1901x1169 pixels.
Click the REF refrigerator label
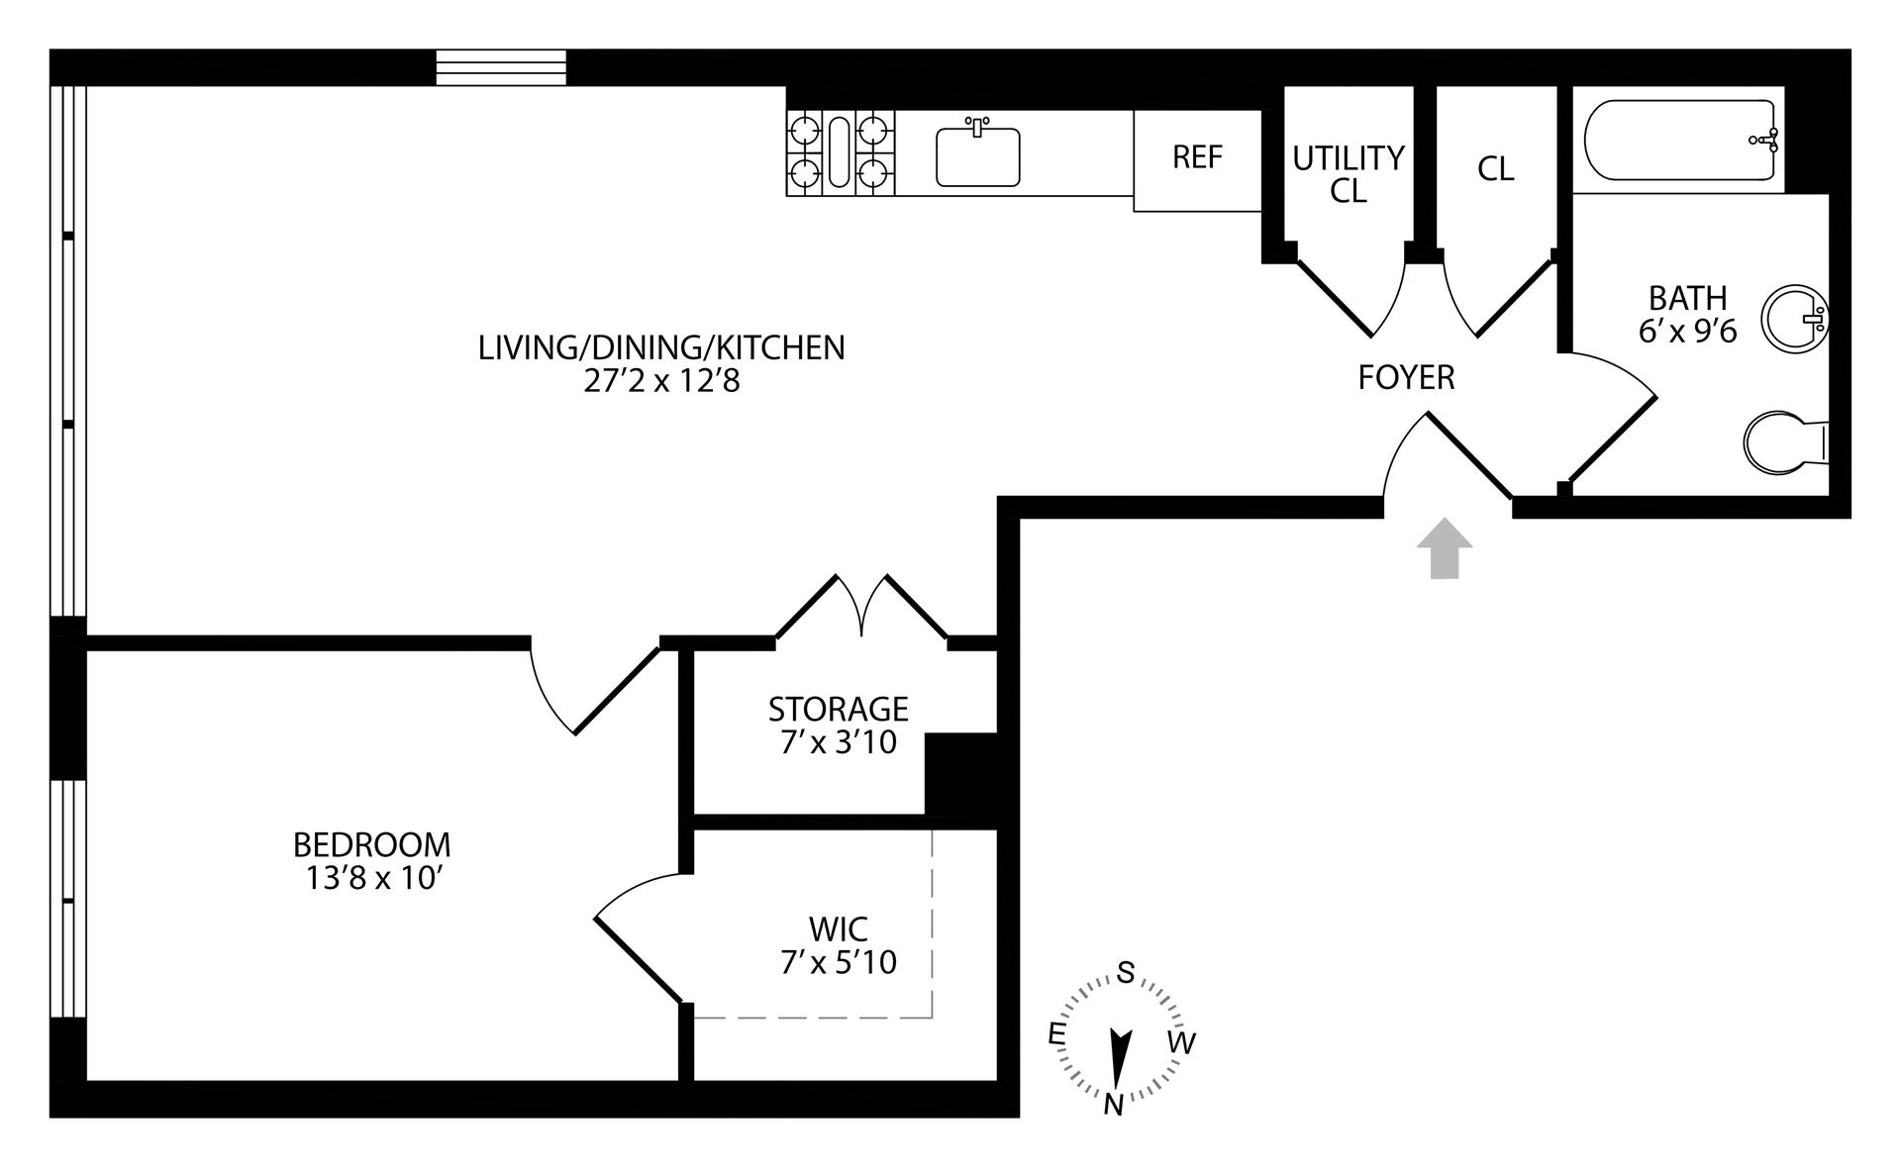coord(1197,157)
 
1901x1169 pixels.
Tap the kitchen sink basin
coord(977,156)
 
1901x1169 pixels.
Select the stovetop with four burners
coord(841,153)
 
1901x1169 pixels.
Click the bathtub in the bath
coord(1681,140)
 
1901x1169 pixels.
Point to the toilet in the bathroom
coord(1782,441)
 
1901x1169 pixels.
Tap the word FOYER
coord(1406,377)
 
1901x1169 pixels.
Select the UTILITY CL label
coord(1349,173)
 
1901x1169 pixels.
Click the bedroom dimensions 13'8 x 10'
coord(372,878)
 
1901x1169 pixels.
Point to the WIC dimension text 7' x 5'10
coord(839,962)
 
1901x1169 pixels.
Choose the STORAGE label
coord(838,709)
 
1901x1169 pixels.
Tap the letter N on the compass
coord(1114,1104)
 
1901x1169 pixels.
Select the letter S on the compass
coord(1126,973)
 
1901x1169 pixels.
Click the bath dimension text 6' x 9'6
coord(1688,331)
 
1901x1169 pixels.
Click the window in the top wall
coord(502,67)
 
